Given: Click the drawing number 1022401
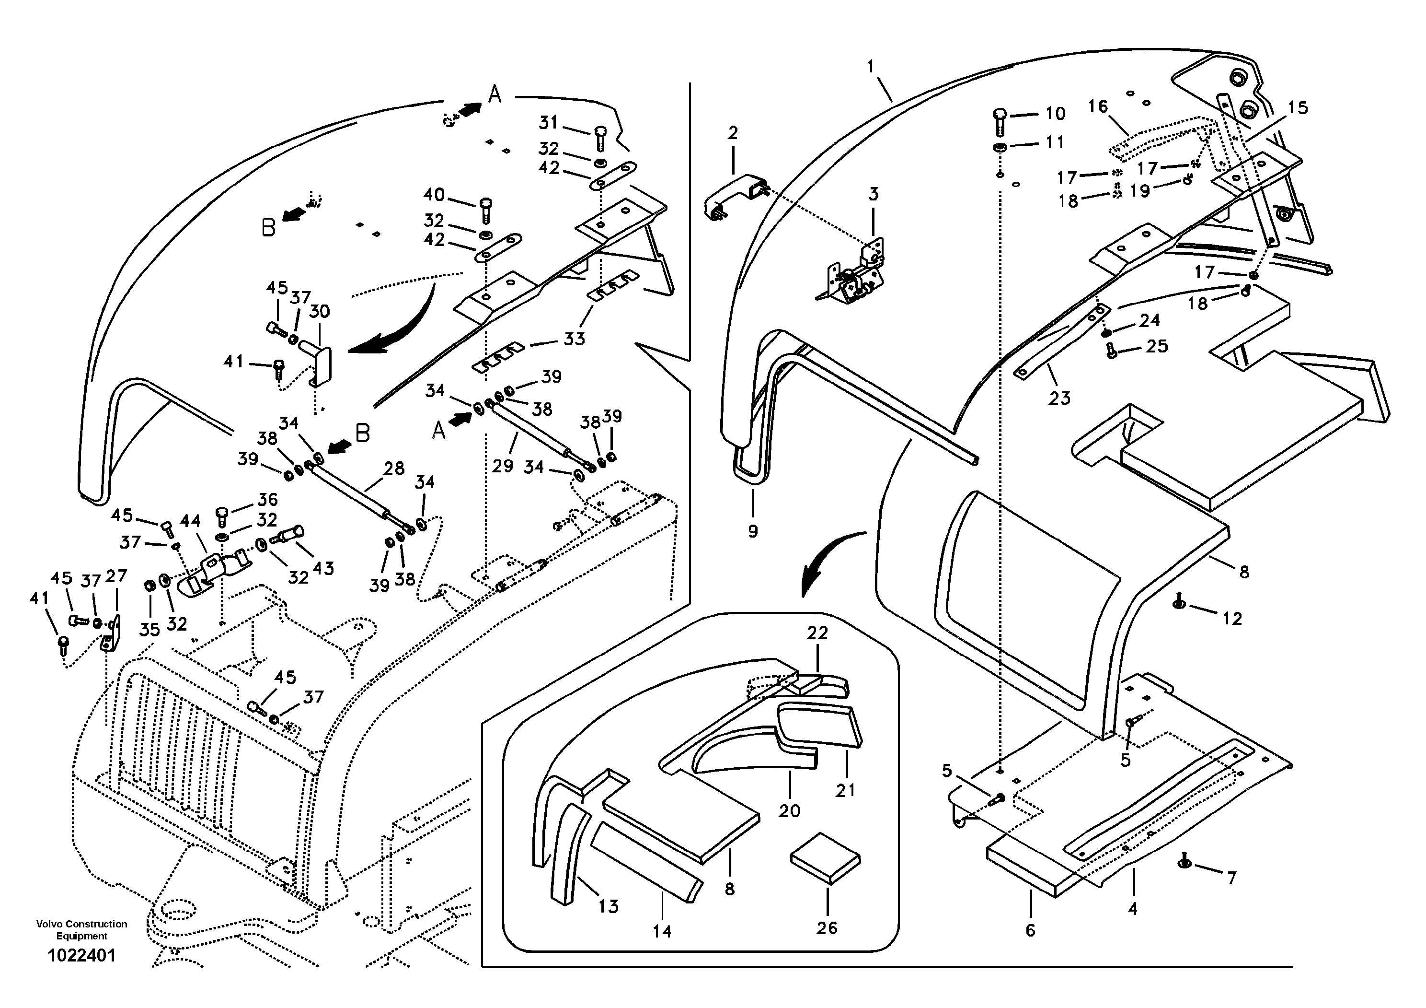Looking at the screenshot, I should coord(81,955).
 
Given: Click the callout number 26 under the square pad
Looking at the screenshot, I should coord(827,928).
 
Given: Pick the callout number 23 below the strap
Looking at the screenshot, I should coord(1059,398).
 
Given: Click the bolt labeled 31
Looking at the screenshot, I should coord(600,138).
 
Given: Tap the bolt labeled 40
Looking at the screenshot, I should coord(486,210).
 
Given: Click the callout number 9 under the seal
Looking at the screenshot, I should coord(753,531).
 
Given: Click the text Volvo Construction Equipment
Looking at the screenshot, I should coord(81,930).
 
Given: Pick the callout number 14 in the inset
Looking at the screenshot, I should coord(662,931).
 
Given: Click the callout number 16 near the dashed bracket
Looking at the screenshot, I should coord(1098,106).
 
